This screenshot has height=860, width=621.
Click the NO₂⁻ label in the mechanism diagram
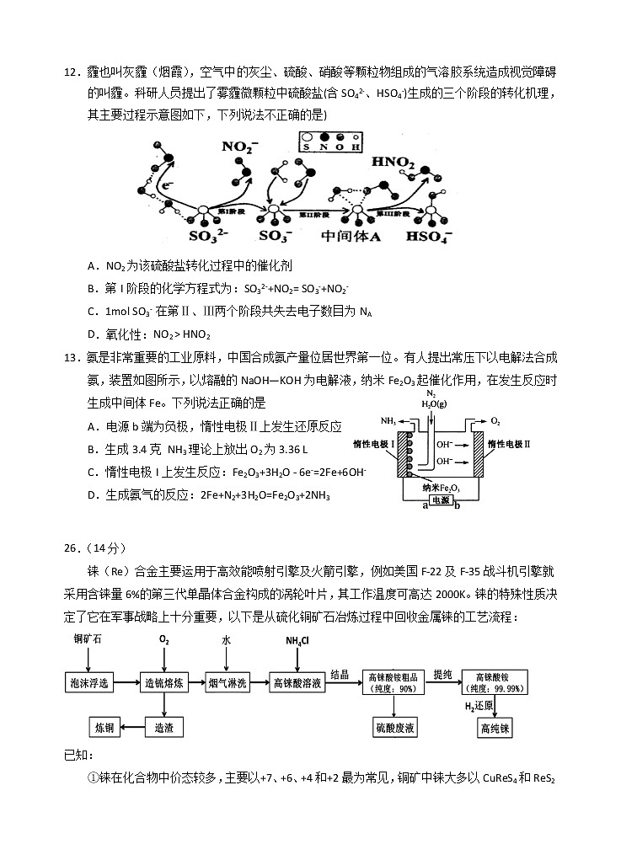[x=238, y=147]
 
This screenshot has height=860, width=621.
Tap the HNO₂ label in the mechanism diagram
[x=393, y=162]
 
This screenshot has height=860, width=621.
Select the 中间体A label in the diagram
[x=351, y=238]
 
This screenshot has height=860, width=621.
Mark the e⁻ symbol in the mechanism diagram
[x=169, y=185]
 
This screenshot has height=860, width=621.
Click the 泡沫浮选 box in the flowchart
[x=90, y=682]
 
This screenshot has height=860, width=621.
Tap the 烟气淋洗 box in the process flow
[x=228, y=682]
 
